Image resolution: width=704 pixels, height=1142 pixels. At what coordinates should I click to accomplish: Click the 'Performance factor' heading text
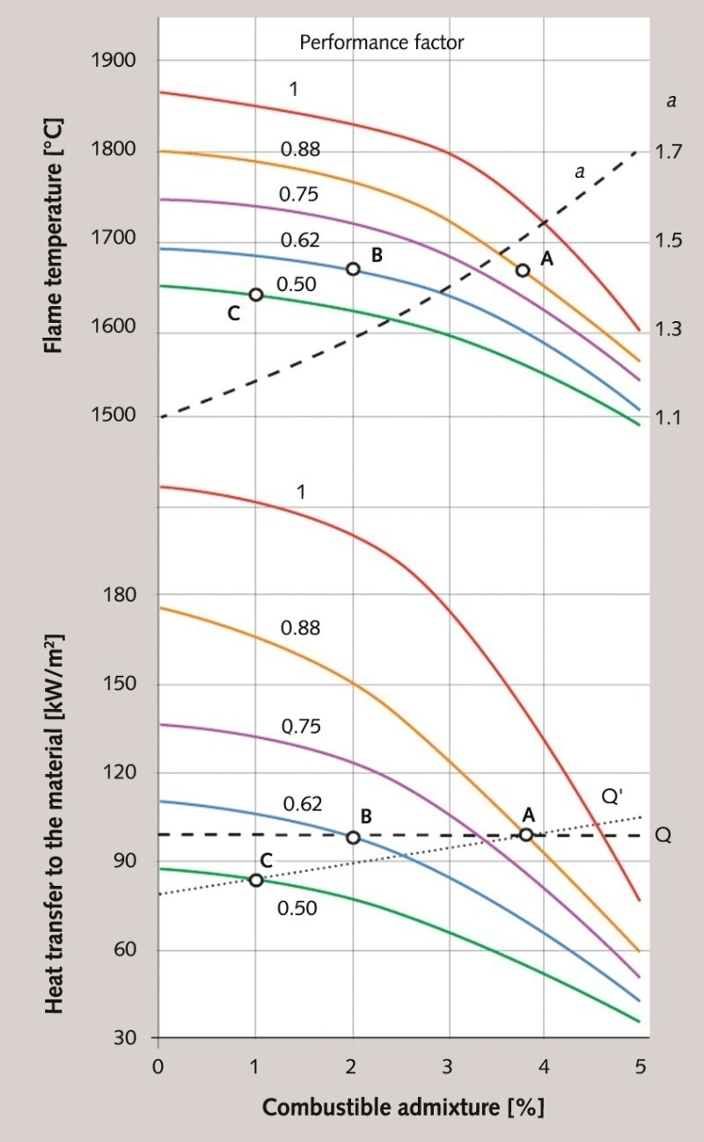tap(381, 42)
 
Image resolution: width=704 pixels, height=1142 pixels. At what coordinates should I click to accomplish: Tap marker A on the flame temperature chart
tap(523, 270)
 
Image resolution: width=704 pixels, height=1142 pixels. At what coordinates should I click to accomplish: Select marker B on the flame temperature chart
tap(353, 268)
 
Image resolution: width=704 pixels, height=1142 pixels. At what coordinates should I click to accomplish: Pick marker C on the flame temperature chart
tap(256, 295)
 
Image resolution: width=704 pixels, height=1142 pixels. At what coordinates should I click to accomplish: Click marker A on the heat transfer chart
tap(526, 834)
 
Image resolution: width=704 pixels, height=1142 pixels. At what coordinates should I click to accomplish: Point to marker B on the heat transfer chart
tap(353, 838)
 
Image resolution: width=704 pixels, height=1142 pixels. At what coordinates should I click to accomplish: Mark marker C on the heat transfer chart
tap(256, 880)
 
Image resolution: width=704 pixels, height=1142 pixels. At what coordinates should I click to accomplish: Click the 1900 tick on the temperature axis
tap(114, 61)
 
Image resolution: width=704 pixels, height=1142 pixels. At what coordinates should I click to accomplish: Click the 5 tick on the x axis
tap(640, 1067)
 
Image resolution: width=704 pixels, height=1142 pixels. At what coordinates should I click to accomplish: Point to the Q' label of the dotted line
tap(612, 797)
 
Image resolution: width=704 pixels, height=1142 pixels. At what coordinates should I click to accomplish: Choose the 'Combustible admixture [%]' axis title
tap(403, 1107)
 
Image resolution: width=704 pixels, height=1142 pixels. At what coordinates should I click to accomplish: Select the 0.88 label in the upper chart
tap(300, 150)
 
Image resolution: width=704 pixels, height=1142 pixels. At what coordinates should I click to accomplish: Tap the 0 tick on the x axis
tap(158, 1067)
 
